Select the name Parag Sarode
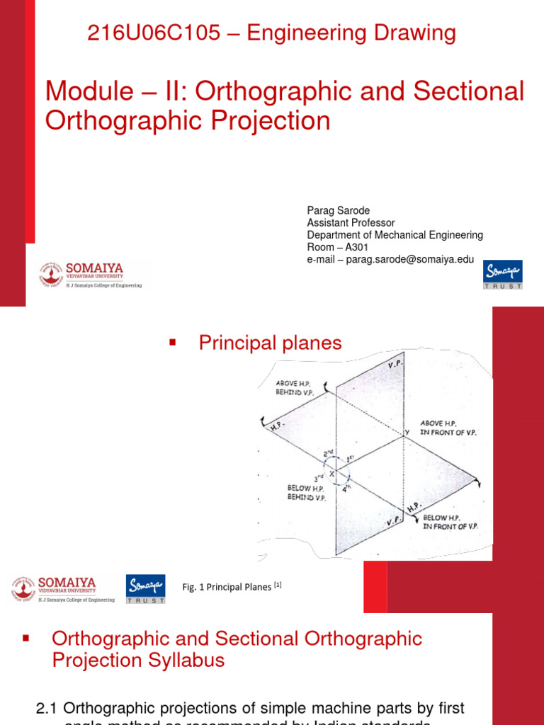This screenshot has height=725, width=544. (x=339, y=211)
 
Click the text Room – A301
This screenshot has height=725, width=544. (x=337, y=247)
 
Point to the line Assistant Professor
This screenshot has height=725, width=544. (x=351, y=223)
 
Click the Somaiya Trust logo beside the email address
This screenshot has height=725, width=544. (x=503, y=275)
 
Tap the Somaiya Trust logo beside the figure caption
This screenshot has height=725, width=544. (x=146, y=588)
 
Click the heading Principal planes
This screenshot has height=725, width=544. (x=270, y=343)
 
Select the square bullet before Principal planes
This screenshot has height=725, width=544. (x=172, y=343)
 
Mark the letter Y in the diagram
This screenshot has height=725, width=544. (x=407, y=431)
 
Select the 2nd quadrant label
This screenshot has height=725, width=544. (x=329, y=453)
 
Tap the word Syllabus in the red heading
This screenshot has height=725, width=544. (x=185, y=661)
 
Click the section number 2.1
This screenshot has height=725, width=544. (x=48, y=708)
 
